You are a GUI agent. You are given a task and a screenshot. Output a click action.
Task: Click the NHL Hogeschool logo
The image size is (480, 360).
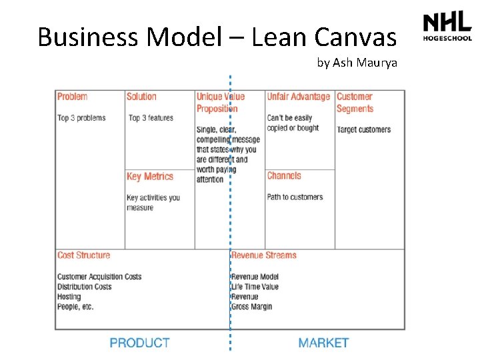tap(447, 27)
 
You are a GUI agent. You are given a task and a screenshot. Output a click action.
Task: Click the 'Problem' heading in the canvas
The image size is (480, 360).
tap(72, 97)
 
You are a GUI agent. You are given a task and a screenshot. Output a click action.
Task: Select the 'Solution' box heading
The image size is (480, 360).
tap(141, 97)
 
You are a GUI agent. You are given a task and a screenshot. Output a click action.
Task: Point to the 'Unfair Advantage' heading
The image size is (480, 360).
tap(298, 97)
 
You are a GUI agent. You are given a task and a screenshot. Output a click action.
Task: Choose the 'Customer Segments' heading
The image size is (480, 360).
tap(354, 103)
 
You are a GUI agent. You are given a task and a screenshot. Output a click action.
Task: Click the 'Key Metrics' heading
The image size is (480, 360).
tap(150, 177)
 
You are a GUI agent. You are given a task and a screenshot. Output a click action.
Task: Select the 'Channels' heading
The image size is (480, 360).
tap(284, 176)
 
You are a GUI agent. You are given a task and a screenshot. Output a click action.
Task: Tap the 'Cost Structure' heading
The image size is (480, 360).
tap(83, 255)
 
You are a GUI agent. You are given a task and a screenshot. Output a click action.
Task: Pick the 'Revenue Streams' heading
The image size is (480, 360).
tap(264, 255)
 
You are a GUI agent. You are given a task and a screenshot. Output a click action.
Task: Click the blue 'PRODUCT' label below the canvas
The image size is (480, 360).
tap(140, 343)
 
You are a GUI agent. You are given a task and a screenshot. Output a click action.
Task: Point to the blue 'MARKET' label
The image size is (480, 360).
tap(323, 343)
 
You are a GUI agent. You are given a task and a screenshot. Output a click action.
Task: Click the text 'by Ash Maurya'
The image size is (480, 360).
tap(357, 63)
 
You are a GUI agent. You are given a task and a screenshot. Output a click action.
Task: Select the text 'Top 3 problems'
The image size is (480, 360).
tap(81, 118)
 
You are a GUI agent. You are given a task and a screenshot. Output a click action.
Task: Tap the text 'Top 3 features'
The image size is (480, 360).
tap(151, 118)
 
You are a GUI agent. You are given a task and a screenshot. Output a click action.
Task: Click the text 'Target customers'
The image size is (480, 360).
tap(363, 129)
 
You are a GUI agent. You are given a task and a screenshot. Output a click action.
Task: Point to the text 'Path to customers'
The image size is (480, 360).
tap(295, 197)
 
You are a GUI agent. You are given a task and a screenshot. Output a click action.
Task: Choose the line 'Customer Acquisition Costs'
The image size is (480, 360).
tap(99, 277)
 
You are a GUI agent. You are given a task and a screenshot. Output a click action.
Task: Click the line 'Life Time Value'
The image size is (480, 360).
tap(255, 287)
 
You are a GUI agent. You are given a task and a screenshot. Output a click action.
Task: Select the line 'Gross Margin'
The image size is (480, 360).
tap(251, 307)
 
